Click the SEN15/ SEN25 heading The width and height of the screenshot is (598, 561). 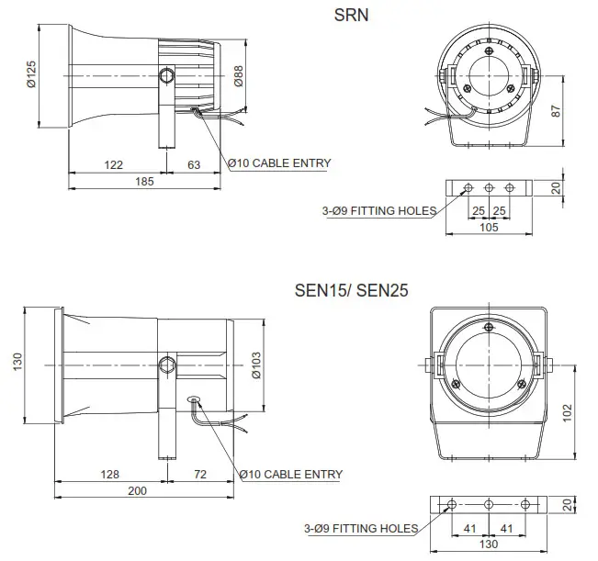coord(351,290)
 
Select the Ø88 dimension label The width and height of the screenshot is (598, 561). coord(240,76)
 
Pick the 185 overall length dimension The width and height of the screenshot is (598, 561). coord(144,182)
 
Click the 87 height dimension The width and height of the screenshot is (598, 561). coord(556,110)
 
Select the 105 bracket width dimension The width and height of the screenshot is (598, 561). coord(489,227)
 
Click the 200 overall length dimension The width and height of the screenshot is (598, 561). coord(137,491)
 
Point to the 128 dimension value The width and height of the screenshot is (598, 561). coord(108,474)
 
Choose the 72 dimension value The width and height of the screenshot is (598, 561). coord(199,474)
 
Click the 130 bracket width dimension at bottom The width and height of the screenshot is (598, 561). coord(489,544)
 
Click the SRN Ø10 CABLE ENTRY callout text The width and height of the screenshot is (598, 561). coord(279,163)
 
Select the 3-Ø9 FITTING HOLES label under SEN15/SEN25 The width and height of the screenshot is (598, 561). coord(360,528)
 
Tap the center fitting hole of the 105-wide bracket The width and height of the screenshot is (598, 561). coord(489,188)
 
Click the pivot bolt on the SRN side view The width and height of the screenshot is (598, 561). coord(166,75)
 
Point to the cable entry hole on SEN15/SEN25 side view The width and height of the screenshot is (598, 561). coord(193,399)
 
